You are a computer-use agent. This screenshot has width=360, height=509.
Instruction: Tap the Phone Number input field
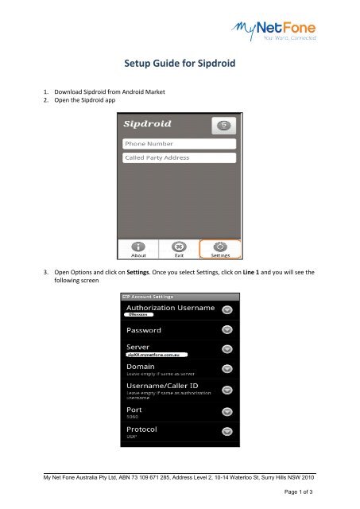click(180, 144)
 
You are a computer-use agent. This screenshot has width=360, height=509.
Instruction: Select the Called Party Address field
click(180, 157)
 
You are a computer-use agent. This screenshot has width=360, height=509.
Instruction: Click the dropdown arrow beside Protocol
click(226, 432)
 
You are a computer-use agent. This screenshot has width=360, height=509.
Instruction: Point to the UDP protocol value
click(132, 437)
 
